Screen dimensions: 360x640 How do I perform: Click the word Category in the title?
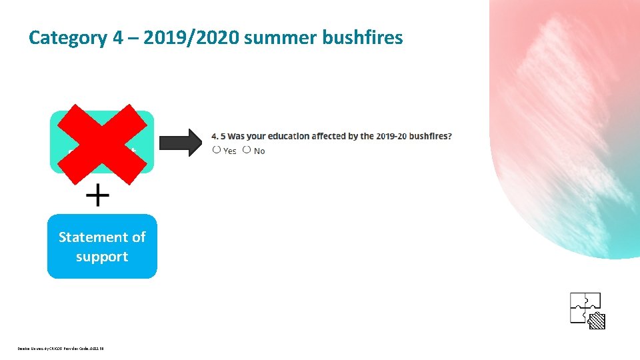point(67,37)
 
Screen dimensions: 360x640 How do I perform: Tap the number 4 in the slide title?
point(117,37)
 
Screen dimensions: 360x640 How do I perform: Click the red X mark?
point(102,143)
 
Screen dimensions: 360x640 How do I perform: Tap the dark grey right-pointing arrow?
point(180,142)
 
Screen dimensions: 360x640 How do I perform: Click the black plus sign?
point(98,196)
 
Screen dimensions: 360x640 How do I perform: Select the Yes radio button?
point(217,150)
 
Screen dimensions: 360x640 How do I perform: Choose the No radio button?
point(247,150)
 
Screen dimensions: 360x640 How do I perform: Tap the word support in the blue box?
point(102,257)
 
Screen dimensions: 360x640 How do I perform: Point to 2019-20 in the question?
point(391,136)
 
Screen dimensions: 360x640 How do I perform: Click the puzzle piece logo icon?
point(586,310)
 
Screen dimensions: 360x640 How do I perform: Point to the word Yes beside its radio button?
point(230,151)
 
